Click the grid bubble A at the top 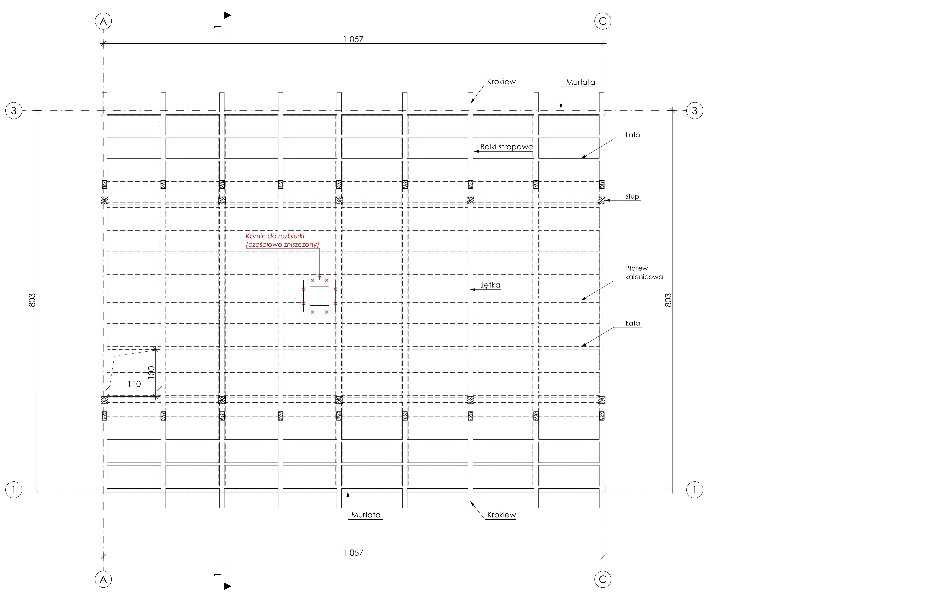(103, 21)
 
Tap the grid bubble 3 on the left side (14, 111)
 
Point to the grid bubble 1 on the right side (695, 490)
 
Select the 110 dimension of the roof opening (134, 384)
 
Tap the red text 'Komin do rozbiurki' (275, 236)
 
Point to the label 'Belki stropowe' (506, 147)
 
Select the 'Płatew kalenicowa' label (644, 273)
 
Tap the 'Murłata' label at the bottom (366, 515)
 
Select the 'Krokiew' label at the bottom (501, 515)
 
